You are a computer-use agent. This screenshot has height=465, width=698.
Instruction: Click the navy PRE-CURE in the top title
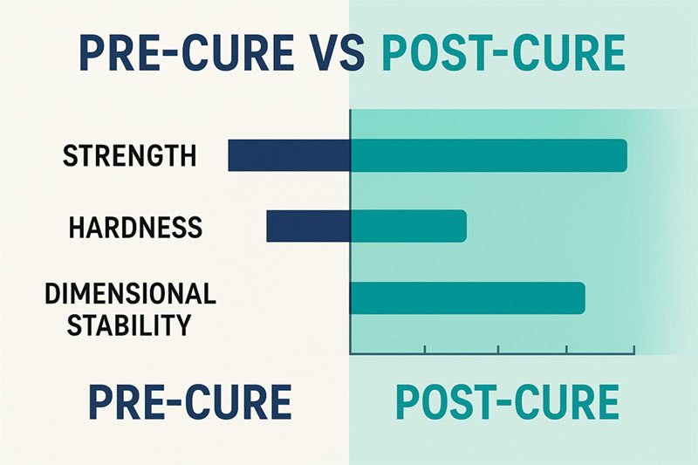pyautogui.click(x=186, y=53)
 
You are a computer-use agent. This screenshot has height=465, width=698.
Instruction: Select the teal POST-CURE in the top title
pyautogui.click(x=503, y=53)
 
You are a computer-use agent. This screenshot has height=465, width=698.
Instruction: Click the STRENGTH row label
pyautogui.click(x=129, y=155)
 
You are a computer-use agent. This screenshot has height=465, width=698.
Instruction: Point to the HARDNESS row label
pyautogui.click(x=136, y=227)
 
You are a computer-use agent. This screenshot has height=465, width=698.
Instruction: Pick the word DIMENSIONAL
pyautogui.click(x=130, y=293)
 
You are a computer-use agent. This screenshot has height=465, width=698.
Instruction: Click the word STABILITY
pyautogui.click(x=128, y=325)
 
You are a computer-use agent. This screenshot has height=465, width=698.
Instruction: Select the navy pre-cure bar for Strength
pyautogui.click(x=290, y=155)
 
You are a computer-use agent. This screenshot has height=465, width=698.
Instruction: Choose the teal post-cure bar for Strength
pyautogui.click(x=489, y=155)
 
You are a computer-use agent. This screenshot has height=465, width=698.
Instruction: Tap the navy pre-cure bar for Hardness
pyautogui.click(x=309, y=226)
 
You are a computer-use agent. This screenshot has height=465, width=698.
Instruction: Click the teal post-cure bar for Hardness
pyautogui.click(x=408, y=226)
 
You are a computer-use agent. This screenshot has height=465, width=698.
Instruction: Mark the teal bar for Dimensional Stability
pyautogui.click(x=468, y=297)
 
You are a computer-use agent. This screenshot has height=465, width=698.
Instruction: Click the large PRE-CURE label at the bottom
pyautogui.click(x=190, y=402)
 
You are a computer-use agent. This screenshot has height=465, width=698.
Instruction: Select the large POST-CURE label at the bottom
pyautogui.click(x=508, y=402)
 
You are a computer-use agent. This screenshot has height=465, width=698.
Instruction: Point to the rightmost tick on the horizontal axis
pyautogui.click(x=634, y=350)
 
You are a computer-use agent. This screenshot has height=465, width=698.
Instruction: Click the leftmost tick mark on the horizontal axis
pyautogui.click(x=425, y=350)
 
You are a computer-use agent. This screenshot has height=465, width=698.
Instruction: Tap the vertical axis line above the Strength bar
pyautogui.click(x=351, y=125)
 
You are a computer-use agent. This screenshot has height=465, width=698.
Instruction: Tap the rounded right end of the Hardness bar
pyautogui.click(x=464, y=226)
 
